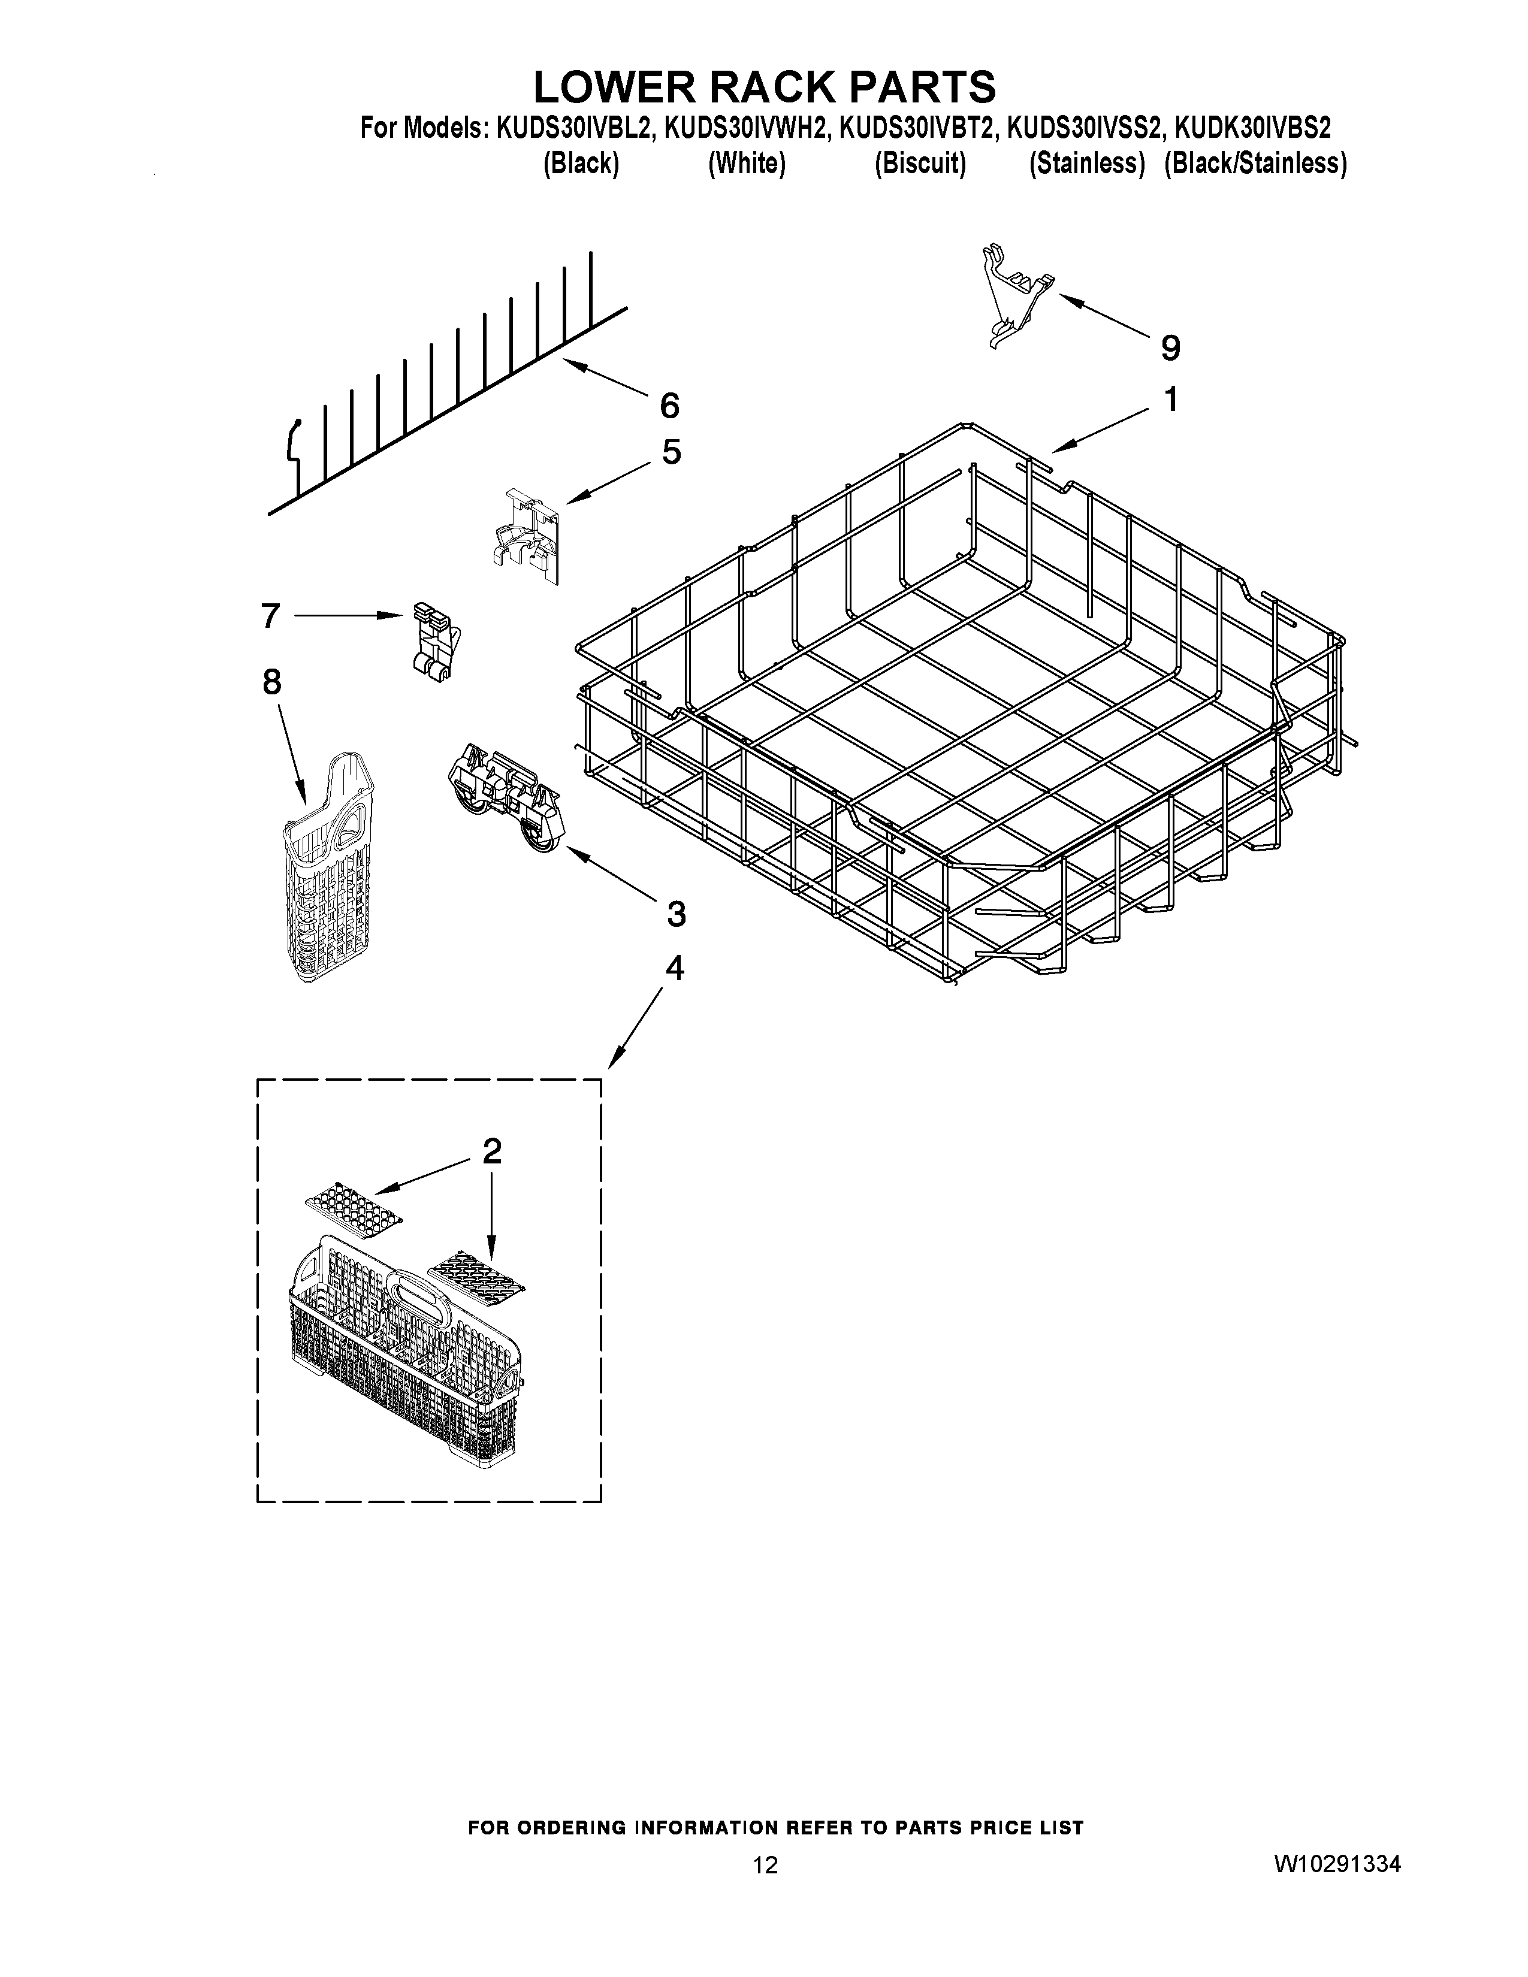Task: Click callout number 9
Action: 1170,347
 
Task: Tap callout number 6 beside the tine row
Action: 669,406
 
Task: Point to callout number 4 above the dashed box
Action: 674,969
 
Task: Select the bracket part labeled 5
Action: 527,536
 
